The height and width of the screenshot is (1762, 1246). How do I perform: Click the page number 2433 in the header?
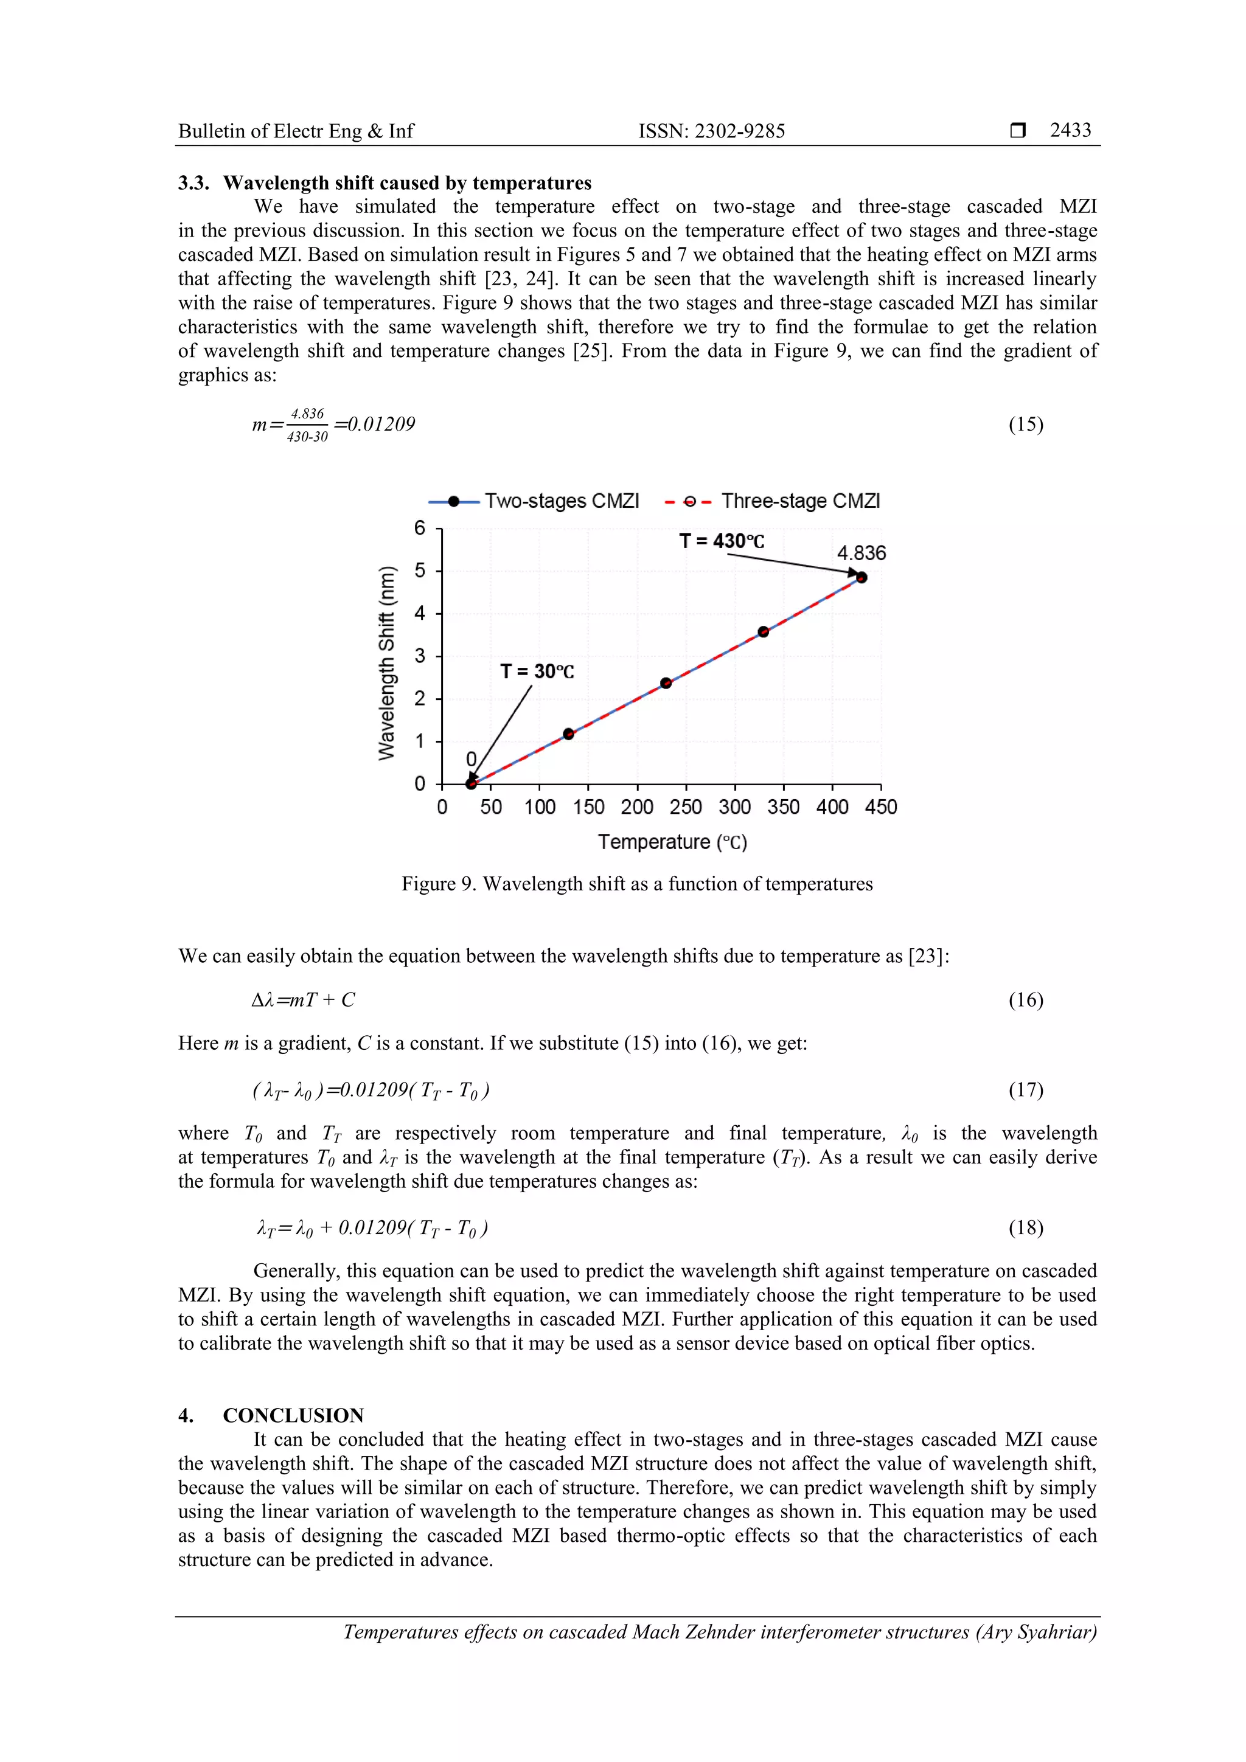(x=1070, y=130)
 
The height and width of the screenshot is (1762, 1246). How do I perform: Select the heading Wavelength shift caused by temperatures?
(x=407, y=182)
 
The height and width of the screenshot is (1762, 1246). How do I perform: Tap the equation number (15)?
(x=1025, y=425)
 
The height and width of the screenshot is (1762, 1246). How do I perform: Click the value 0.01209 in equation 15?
(x=381, y=425)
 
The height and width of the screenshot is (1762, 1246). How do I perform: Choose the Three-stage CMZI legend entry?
(x=772, y=501)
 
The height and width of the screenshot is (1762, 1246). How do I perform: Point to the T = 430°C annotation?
(x=721, y=541)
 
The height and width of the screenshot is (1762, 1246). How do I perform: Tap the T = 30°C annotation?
(x=537, y=671)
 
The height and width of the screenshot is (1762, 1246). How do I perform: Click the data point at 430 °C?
(x=861, y=578)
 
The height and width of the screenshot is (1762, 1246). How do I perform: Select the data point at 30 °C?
(x=472, y=783)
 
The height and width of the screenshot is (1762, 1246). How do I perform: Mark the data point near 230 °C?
(x=666, y=683)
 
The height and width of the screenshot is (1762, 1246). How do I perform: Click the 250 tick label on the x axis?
(x=686, y=807)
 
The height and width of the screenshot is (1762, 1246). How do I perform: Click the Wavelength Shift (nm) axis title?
(x=387, y=663)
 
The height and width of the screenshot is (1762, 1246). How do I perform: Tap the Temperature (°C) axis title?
(x=672, y=842)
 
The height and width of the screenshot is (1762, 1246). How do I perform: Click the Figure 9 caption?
(x=636, y=884)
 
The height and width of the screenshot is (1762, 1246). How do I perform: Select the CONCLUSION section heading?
(x=293, y=1415)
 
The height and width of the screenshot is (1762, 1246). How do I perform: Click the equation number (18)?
(x=1025, y=1228)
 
